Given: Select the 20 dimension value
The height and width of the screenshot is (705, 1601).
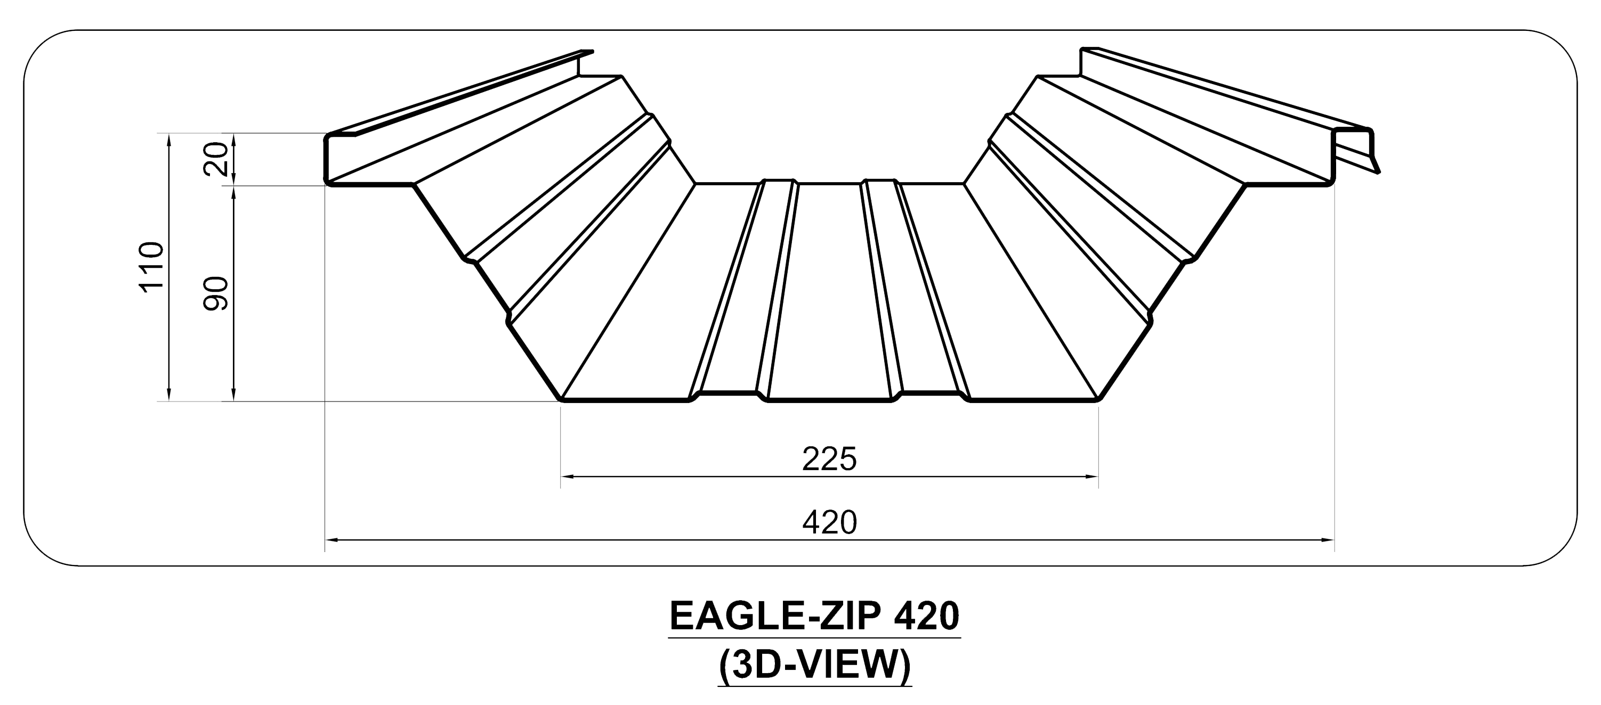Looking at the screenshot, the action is pyautogui.click(x=217, y=160).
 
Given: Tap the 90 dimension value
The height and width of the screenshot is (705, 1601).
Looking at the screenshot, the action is pyautogui.click(x=217, y=294).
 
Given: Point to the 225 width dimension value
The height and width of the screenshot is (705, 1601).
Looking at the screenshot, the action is pyautogui.click(x=829, y=460).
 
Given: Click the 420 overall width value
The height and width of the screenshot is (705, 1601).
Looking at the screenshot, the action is pyautogui.click(x=829, y=522).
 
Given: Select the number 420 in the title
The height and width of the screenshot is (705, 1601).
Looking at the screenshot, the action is pyautogui.click(x=927, y=617).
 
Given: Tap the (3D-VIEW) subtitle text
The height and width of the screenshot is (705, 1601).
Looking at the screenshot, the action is pyautogui.click(x=815, y=665).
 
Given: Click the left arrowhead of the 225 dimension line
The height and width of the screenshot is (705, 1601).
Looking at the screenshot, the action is pyautogui.click(x=568, y=477).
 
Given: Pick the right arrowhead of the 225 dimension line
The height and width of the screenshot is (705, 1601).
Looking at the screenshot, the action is pyautogui.click(x=1091, y=477).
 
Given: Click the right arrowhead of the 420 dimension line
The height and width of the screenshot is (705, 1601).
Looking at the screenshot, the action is pyautogui.click(x=1327, y=540).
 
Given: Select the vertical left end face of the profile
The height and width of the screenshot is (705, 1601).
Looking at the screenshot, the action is pyautogui.click(x=326, y=160).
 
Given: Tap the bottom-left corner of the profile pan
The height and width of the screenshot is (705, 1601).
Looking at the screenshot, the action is pyautogui.click(x=562, y=399).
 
